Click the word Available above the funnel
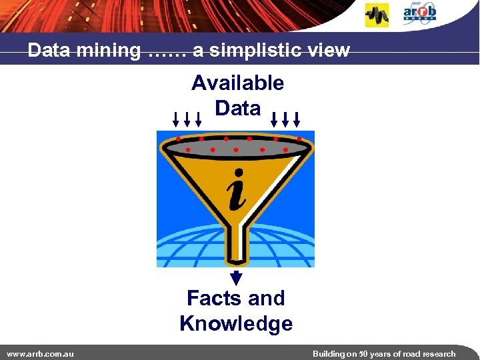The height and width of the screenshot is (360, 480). [x=237, y=83]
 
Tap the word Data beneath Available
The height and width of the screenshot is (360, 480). [x=237, y=108]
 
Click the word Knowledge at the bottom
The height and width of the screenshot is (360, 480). [x=236, y=324]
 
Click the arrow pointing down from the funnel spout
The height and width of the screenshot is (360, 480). [x=236, y=278]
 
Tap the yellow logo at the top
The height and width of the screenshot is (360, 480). [x=377, y=15]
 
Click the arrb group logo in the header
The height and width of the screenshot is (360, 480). [x=419, y=13]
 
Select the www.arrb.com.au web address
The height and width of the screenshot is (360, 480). [x=40, y=354]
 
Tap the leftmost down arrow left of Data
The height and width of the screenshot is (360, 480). [x=175, y=119]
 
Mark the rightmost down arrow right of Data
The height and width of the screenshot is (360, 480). [x=297, y=119]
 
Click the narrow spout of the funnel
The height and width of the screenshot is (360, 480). [x=236, y=247]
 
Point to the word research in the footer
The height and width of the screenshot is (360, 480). [x=436, y=354]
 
